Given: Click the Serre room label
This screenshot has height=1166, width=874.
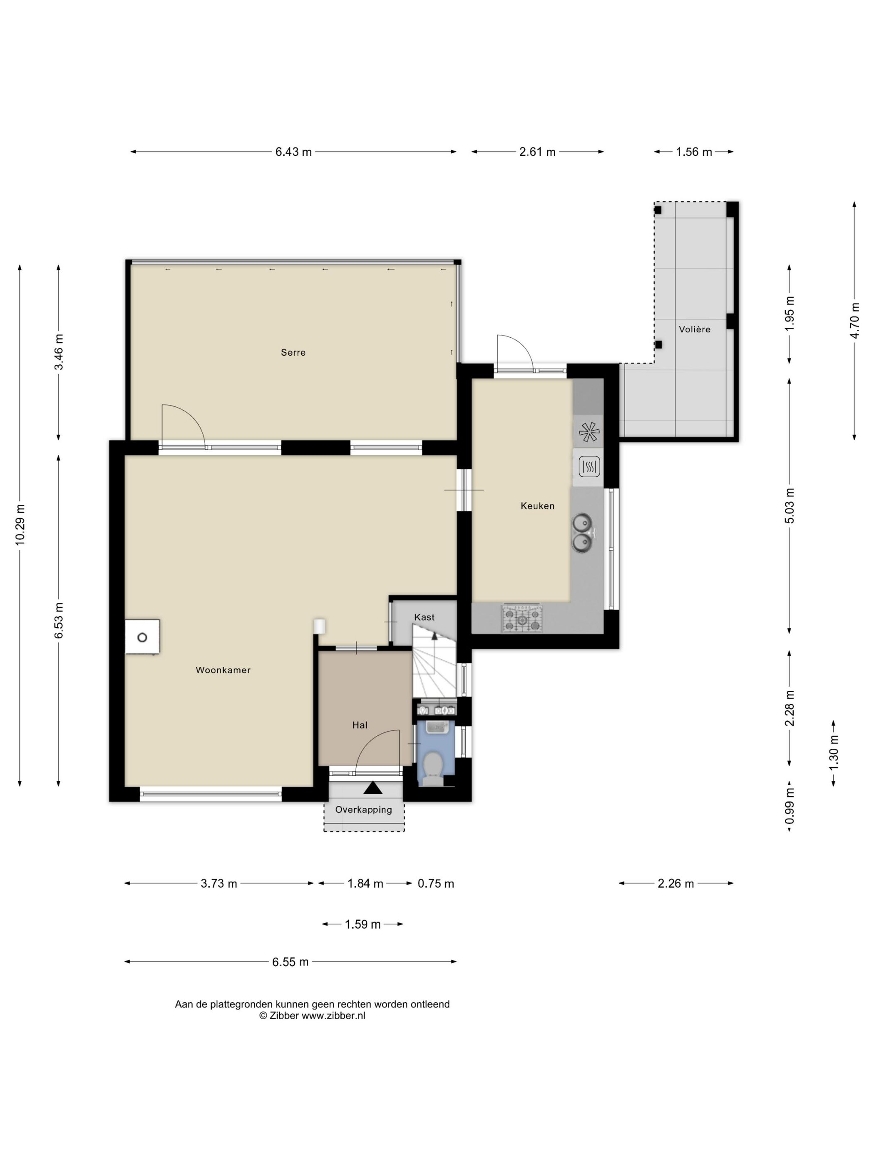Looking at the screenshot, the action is tap(293, 353).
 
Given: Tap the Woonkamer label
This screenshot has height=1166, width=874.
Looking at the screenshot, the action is tap(223, 670).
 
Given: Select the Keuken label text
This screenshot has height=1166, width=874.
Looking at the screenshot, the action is tap(537, 506).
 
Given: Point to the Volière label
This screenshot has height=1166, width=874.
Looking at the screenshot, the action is tap(694, 329).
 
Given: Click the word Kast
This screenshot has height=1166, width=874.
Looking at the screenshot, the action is tap(424, 617).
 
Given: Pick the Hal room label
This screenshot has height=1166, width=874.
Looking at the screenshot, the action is tap(360, 725).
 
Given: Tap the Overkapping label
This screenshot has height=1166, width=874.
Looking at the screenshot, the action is tap(363, 810).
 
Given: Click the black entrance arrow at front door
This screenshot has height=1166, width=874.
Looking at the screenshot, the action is tap(373, 787).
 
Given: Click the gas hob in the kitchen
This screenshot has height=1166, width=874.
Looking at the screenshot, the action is tap(521, 619).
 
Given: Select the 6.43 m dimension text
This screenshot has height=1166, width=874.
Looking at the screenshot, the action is tap(293, 152).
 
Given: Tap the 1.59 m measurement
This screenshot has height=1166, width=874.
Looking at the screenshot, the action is tap(363, 924).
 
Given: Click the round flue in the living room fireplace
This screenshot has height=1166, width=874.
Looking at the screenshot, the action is tap(142, 637).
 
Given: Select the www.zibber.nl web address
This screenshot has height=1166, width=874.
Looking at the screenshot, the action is tap(333, 1016).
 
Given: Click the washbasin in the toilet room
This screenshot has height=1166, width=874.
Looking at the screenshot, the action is tap(437, 728).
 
